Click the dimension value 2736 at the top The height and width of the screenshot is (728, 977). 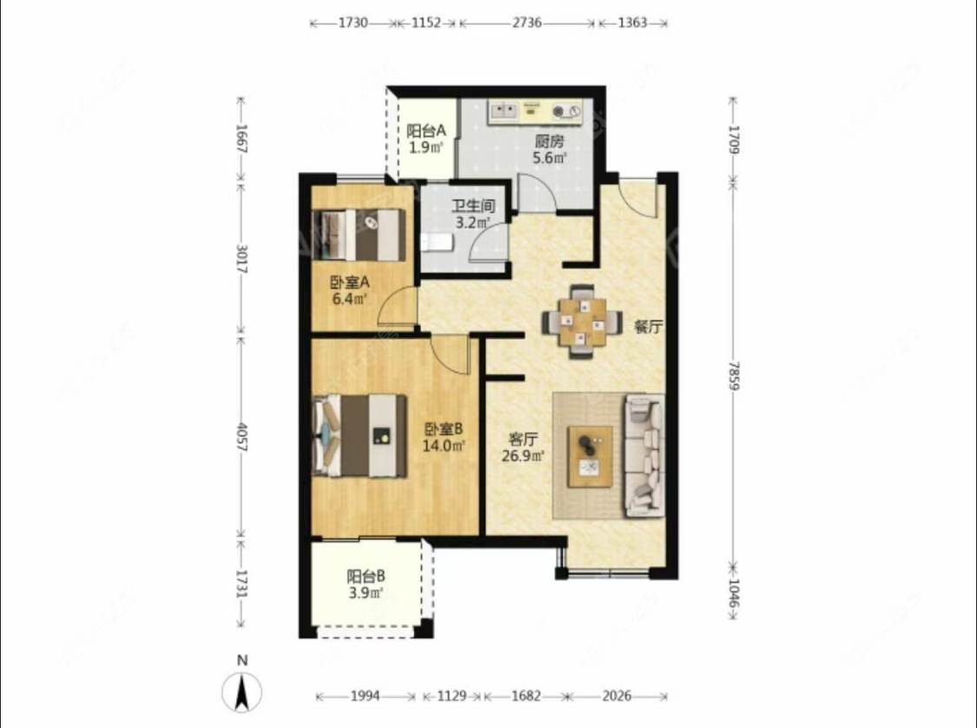(x=526, y=23)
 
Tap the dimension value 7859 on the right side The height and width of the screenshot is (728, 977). (x=733, y=376)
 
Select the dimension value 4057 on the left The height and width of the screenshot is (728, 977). (x=242, y=438)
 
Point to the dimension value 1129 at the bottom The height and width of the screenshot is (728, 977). (x=451, y=696)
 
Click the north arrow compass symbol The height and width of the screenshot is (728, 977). (x=242, y=692)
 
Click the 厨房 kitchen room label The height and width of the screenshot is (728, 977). (x=550, y=141)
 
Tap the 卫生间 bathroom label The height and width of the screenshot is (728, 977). (x=473, y=206)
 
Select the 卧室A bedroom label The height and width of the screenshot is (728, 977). (x=350, y=282)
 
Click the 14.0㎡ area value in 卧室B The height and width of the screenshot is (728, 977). (x=445, y=446)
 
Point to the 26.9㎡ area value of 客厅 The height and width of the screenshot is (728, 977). (x=524, y=455)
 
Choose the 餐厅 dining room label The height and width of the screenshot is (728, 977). (x=648, y=327)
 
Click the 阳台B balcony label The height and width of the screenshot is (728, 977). (x=366, y=577)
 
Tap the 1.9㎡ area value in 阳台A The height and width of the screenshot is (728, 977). (x=426, y=148)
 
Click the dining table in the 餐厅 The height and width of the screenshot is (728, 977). (x=583, y=321)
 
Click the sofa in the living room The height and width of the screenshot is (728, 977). (x=644, y=455)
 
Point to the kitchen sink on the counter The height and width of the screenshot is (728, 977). (x=504, y=111)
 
